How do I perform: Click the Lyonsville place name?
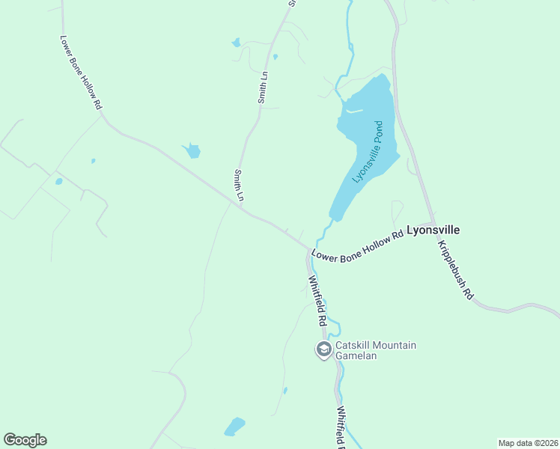(x=433, y=230)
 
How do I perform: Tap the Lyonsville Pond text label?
(x=368, y=153)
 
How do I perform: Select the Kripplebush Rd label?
(x=456, y=270)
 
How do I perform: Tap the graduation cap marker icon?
(x=323, y=349)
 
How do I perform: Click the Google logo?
(x=25, y=440)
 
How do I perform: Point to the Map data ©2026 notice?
(x=528, y=443)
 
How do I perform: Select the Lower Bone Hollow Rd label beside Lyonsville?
(x=358, y=245)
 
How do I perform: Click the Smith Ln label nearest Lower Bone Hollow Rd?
(x=240, y=186)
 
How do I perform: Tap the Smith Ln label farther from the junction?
(x=263, y=87)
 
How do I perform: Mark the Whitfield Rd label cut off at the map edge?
(x=342, y=429)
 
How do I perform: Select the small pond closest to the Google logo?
(x=235, y=427)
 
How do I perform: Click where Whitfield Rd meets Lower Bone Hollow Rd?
(x=310, y=249)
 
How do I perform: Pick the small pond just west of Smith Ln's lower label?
(x=192, y=151)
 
